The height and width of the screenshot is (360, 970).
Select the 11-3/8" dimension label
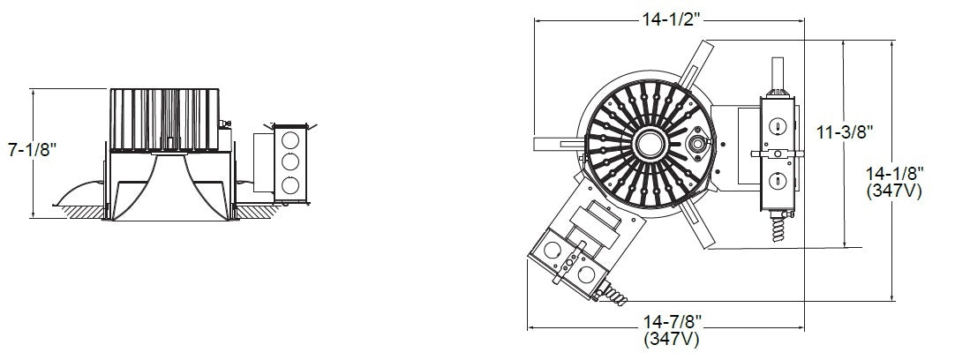tap(845, 132)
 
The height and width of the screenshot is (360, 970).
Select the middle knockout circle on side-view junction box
tap(287, 163)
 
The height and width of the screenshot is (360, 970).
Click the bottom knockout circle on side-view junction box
tap(287, 185)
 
